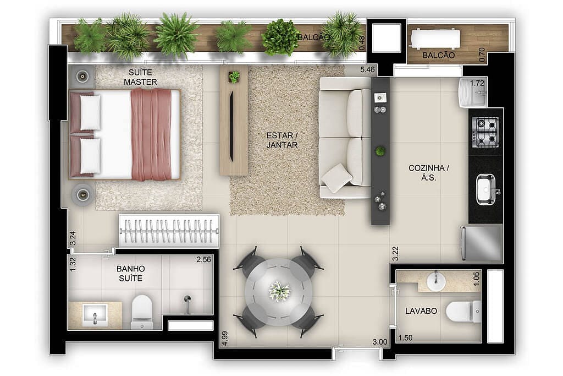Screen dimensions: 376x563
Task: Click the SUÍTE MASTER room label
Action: [140, 77]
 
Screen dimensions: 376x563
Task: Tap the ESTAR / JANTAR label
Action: [282, 140]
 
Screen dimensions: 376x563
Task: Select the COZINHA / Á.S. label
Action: [429, 173]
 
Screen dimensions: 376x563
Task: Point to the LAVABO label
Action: [421, 311]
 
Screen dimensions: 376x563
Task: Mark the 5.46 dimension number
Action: [367, 70]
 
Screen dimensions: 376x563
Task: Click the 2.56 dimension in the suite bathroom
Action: [203, 260]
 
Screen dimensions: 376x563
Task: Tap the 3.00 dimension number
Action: [380, 342]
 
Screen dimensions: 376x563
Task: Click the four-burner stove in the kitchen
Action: [485, 132]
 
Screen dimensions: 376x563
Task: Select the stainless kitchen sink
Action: [486, 189]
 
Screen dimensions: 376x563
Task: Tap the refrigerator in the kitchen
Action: [482, 243]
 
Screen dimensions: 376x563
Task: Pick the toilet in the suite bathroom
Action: [142, 311]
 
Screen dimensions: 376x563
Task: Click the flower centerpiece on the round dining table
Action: [279, 290]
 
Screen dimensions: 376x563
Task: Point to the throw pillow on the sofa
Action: [337, 178]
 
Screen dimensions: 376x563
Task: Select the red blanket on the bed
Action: [151, 134]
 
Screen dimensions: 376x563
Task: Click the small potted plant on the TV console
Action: [234, 77]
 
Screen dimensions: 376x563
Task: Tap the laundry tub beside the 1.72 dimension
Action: [472, 92]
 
